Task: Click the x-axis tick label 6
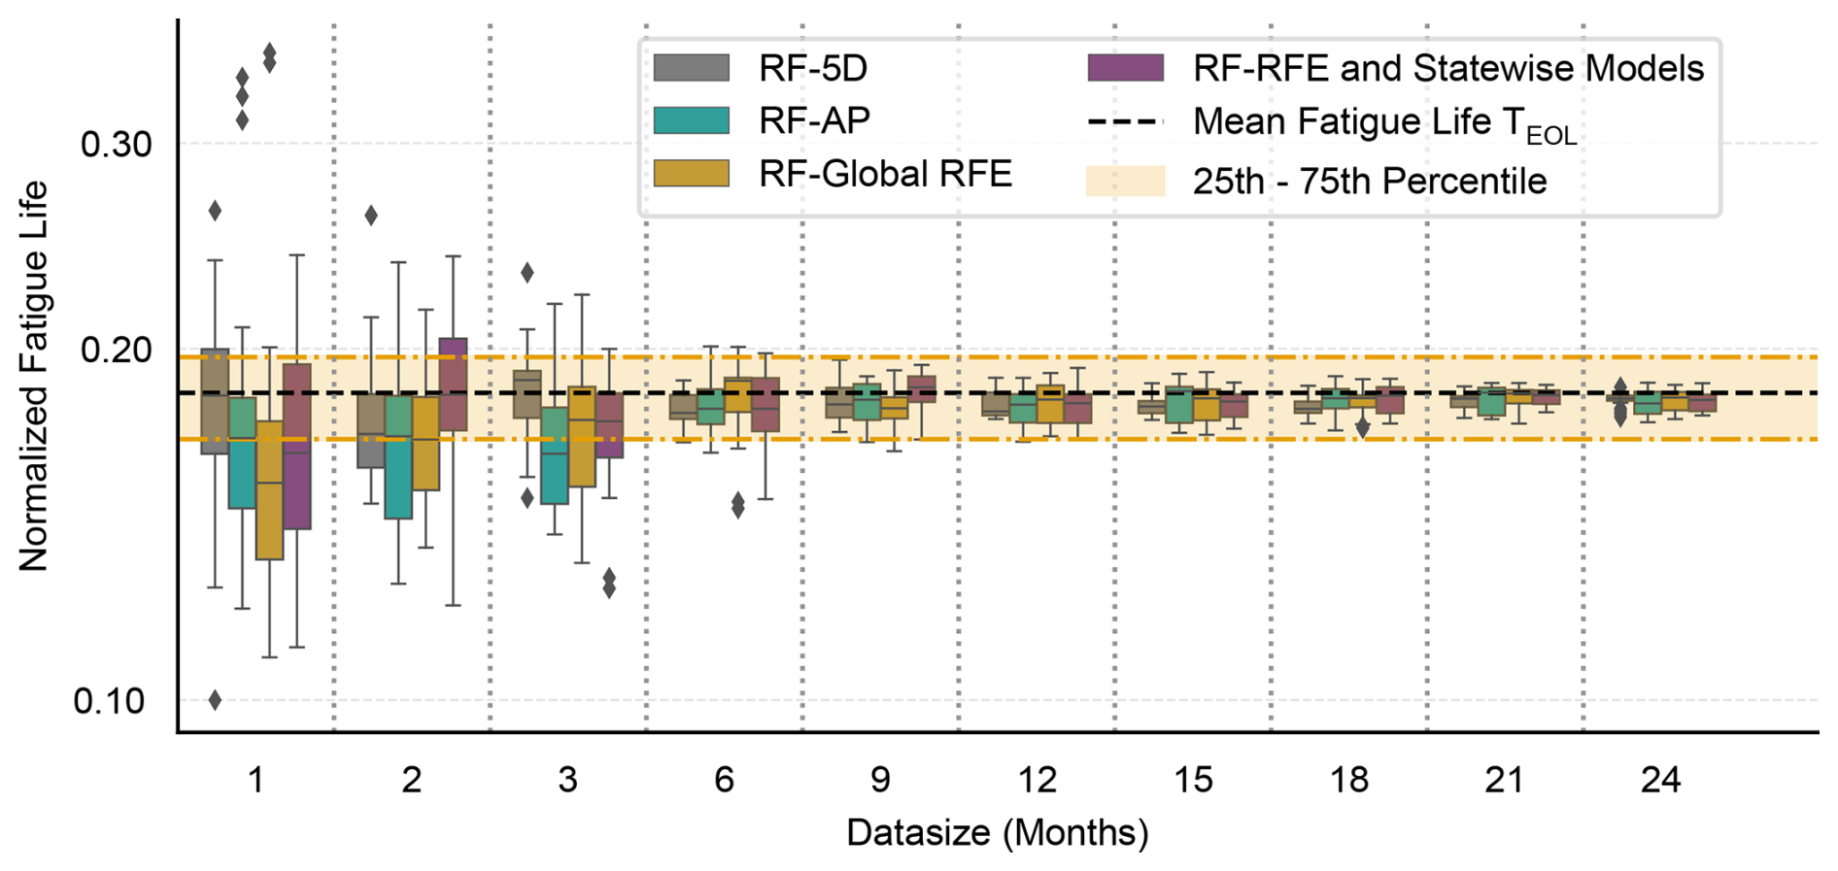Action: (x=724, y=780)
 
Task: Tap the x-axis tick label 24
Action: (x=1660, y=780)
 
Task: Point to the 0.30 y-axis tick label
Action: (x=116, y=145)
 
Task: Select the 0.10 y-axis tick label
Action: (x=108, y=700)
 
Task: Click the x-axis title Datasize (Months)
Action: (x=997, y=833)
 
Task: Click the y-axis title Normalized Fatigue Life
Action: (x=33, y=376)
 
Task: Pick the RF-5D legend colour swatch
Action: (x=691, y=68)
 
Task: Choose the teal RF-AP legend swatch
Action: (x=691, y=120)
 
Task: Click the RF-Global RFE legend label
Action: (x=885, y=174)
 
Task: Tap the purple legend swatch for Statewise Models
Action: (x=1125, y=68)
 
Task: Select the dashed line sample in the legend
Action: (x=1125, y=122)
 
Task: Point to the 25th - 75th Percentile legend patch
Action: (x=1125, y=182)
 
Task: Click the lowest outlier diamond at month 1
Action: (x=216, y=700)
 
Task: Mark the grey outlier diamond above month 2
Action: (x=371, y=216)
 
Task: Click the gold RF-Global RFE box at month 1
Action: (x=269, y=490)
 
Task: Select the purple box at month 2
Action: (x=453, y=385)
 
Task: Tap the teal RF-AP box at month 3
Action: (x=555, y=455)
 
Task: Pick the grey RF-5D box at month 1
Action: (x=215, y=401)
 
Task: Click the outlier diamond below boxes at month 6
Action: (x=738, y=505)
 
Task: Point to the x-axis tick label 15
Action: (x=1193, y=780)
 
